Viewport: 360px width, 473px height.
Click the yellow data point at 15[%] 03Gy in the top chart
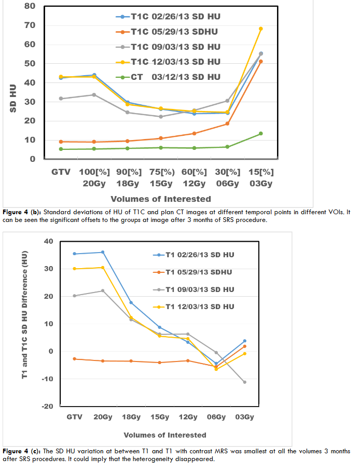click(260, 29)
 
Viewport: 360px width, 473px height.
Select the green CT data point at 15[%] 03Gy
click(260, 133)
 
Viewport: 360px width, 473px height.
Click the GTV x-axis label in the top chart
click(61, 172)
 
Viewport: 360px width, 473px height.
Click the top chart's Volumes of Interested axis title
click(161, 199)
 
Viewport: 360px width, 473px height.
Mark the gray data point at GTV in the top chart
click(61, 99)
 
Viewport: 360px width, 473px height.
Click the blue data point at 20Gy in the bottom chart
click(103, 252)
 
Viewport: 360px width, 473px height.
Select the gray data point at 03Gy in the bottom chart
click(244, 382)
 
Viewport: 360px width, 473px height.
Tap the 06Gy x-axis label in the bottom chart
click(216, 417)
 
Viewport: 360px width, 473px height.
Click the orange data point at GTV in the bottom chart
click(75, 359)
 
